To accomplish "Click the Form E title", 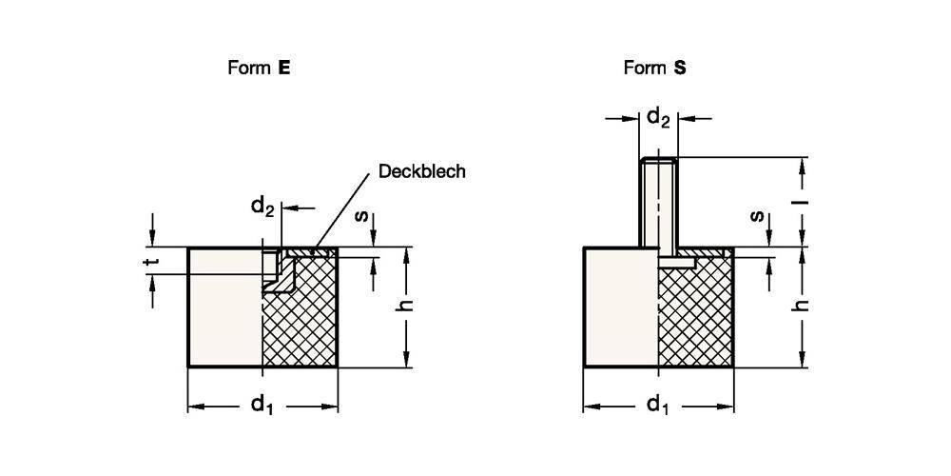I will click(259, 68).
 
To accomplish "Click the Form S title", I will click(654, 68).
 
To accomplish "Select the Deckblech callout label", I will click(421, 171).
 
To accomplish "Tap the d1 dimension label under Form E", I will click(262, 406).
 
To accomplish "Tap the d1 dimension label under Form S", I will click(657, 406).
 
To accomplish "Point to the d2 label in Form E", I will click(262, 206).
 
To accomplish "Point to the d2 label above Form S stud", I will click(658, 118).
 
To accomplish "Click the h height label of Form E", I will click(405, 307).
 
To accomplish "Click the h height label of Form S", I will click(802, 307).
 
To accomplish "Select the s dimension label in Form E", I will click(363, 216).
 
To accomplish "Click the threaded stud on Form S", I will click(658, 205).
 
